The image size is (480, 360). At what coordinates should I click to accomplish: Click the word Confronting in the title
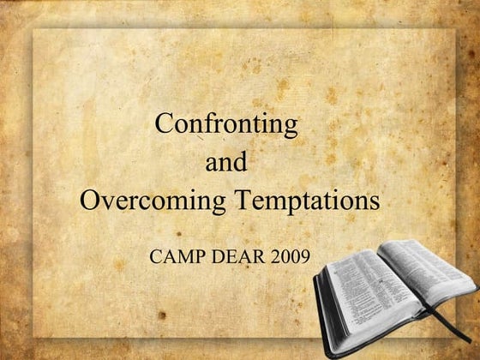(x=226, y=125)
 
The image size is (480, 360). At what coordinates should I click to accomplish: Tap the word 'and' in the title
(x=228, y=163)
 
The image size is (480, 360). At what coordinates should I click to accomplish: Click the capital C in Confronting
(x=164, y=124)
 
